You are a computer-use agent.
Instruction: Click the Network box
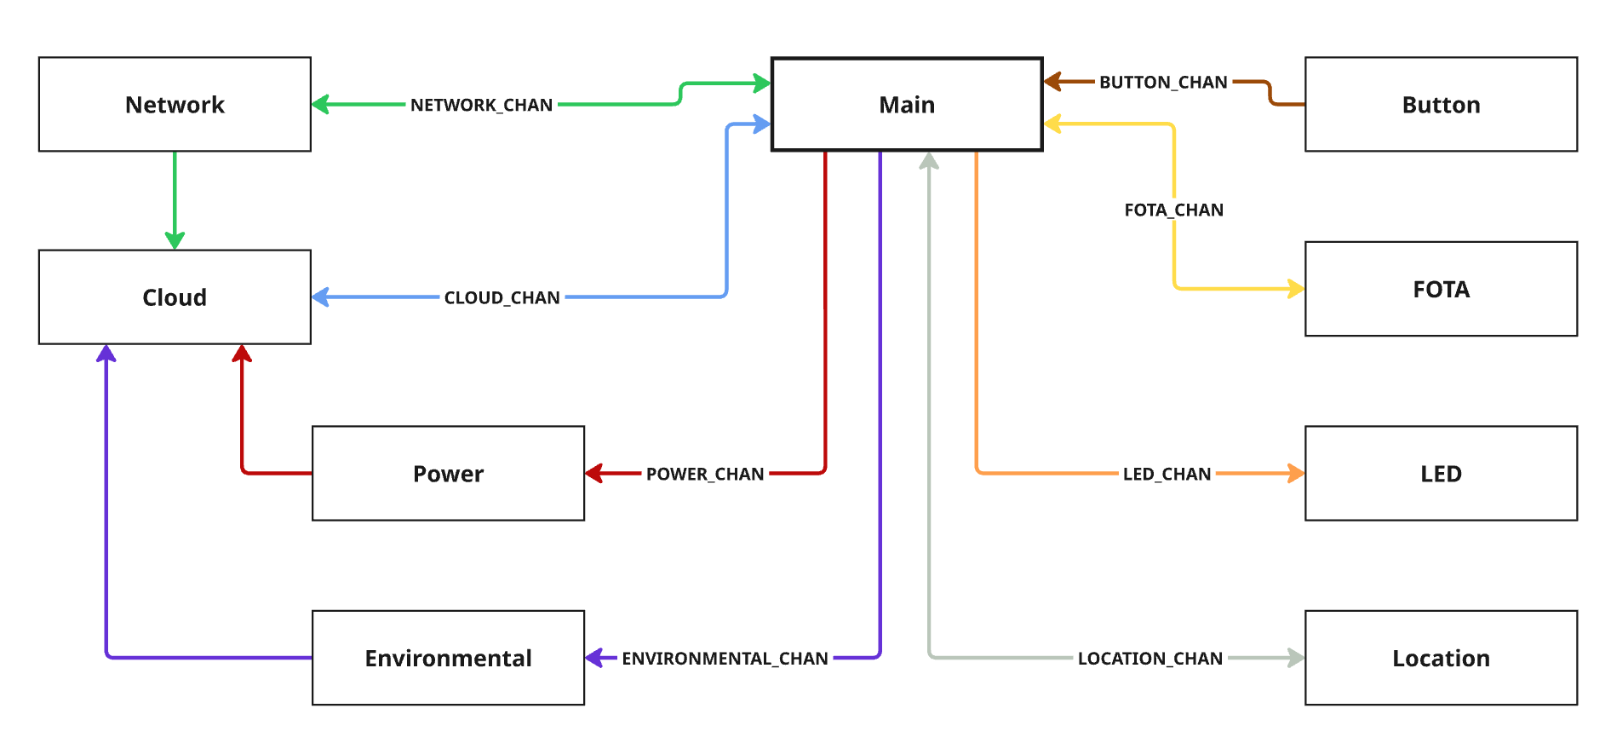click(x=175, y=104)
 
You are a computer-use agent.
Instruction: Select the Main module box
click(x=907, y=104)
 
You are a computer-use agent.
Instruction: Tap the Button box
click(x=1441, y=104)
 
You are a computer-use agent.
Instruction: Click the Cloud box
click(x=175, y=297)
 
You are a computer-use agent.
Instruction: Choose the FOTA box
click(x=1441, y=289)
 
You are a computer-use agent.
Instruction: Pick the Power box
click(x=448, y=473)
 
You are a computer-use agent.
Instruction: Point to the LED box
click(x=1441, y=473)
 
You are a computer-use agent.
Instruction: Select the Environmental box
click(x=448, y=658)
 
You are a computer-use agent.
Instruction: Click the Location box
click(x=1441, y=658)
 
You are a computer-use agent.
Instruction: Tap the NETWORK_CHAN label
click(x=481, y=105)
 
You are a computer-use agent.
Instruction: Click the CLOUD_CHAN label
click(x=502, y=297)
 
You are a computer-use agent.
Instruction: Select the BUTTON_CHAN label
click(x=1163, y=83)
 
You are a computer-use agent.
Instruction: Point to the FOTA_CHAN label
click(x=1173, y=210)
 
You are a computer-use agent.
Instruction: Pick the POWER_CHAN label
click(x=704, y=474)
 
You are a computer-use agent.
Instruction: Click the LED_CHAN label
click(x=1167, y=474)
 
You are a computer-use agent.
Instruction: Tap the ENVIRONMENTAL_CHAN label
click(x=725, y=659)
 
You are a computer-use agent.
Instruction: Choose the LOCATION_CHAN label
click(x=1149, y=659)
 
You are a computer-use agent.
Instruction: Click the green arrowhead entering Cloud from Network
click(x=175, y=240)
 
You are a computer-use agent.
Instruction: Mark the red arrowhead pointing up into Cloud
click(x=242, y=354)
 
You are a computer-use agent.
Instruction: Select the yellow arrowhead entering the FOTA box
click(x=1295, y=289)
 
